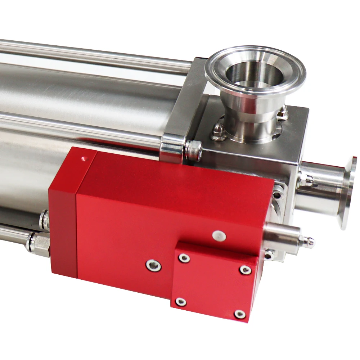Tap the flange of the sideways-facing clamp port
pyautogui.click(x=348, y=193)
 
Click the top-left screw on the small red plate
pyautogui.click(x=184, y=258)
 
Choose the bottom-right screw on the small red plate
pyautogui.click(x=239, y=314)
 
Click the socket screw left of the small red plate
pyautogui.click(x=153, y=266)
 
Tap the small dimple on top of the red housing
pyautogui.click(x=84, y=158)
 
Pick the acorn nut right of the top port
pyautogui.click(x=282, y=112)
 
